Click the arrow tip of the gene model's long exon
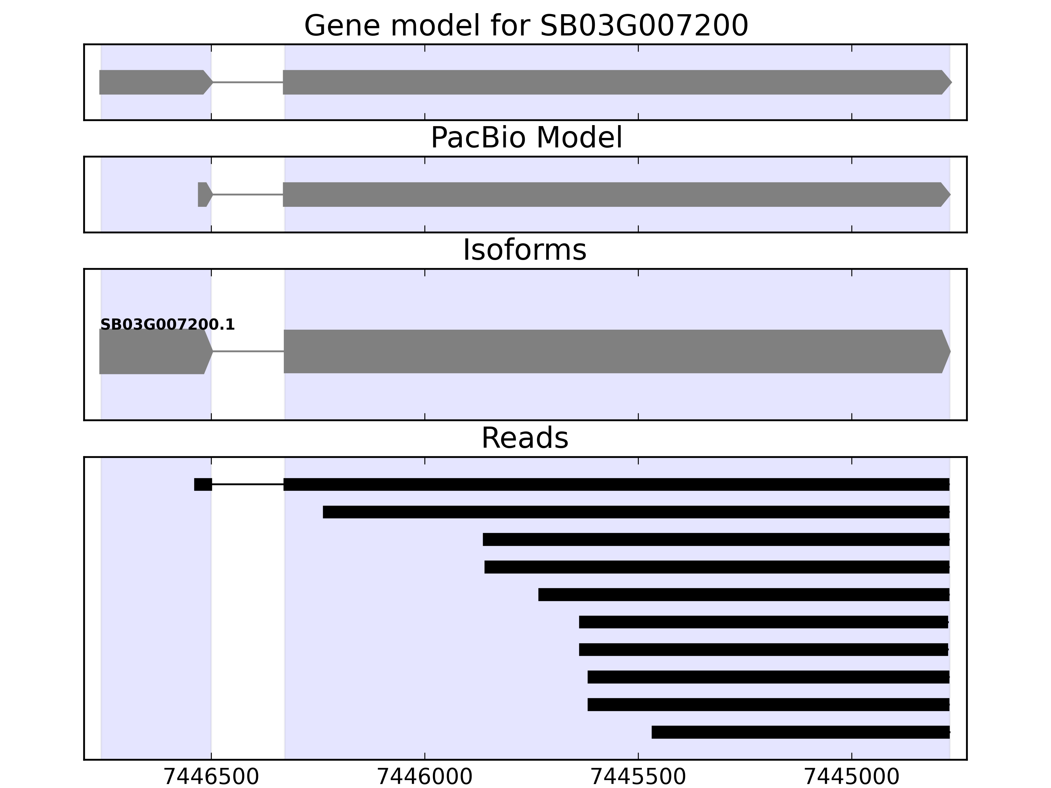click(x=952, y=82)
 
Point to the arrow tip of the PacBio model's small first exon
click(x=213, y=194)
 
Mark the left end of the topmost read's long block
click(x=284, y=485)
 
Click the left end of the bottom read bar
click(x=652, y=732)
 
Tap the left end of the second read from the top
click(x=324, y=512)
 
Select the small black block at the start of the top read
click(x=203, y=485)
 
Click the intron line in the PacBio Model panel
click(x=248, y=194)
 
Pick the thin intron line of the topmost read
click(x=248, y=485)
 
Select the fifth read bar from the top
click(x=744, y=595)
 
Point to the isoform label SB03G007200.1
click(x=167, y=325)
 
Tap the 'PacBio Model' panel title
click(x=526, y=138)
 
